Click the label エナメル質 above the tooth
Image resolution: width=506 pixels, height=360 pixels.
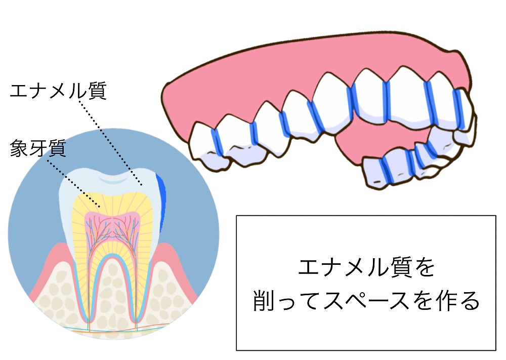pos(58,91)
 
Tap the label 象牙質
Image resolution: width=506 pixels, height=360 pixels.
pos(38,148)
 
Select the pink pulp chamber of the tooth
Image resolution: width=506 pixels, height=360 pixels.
pos(112,226)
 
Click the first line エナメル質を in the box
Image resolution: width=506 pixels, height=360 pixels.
pos(366,268)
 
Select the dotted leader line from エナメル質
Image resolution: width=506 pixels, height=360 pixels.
pos(110,143)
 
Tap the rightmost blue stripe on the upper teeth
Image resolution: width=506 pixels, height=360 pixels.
pos(458,109)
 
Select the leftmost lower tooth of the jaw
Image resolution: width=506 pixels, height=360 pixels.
pos(378,171)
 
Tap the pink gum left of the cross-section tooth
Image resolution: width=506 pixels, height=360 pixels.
pos(49,271)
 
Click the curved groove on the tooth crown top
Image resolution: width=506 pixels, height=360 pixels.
pos(112,180)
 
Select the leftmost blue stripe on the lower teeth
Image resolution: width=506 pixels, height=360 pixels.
pos(385,170)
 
